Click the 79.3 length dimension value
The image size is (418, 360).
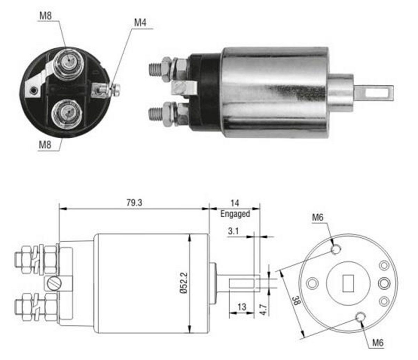(x=134, y=202)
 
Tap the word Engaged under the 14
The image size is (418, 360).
(x=235, y=214)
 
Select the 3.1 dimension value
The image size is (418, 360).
(x=233, y=231)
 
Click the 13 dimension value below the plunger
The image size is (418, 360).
(x=242, y=307)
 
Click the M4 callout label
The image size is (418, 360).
(x=140, y=23)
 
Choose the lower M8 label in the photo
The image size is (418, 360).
(x=45, y=144)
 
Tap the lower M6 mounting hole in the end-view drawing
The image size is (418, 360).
(x=360, y=317)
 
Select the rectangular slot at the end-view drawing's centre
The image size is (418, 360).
(x=348, y=283)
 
